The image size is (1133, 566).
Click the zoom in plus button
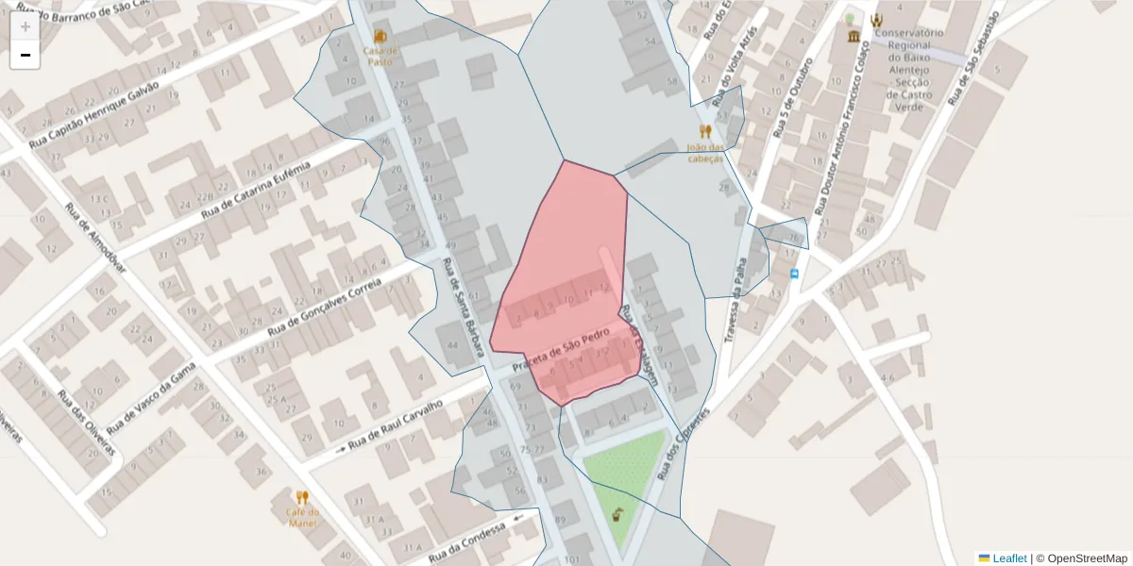[25, 26]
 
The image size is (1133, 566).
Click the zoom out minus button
[25, 55]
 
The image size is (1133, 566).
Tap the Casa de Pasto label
[380, 55]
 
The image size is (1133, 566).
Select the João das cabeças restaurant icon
[704, 131]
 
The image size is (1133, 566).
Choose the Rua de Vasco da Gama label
[151, 395]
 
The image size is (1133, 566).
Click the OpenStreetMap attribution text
[1086, 558]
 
